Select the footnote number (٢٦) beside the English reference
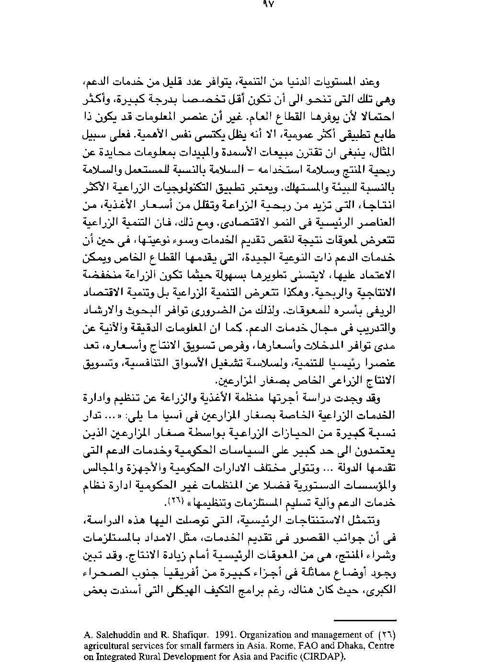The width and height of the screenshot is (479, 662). pyautogui.click(x=387, y=635)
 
